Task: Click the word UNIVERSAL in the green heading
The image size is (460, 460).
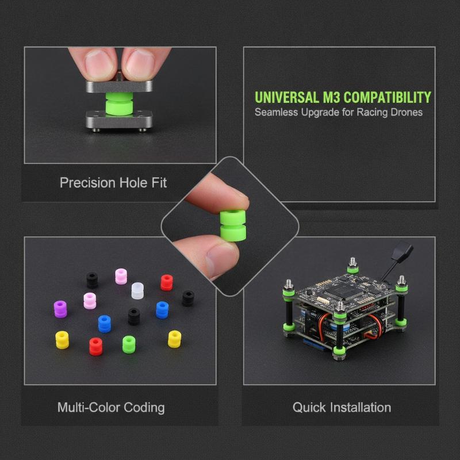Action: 286,97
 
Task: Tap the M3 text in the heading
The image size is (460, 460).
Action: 331,97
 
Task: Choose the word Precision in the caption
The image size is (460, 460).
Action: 87,183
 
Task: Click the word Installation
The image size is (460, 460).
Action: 361,408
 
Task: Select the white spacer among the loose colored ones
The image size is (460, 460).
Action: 137,291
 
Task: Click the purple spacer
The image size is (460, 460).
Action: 60,309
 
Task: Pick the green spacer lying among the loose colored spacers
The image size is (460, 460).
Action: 129,344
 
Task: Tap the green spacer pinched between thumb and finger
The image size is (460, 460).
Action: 233,225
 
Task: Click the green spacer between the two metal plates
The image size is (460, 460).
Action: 119,104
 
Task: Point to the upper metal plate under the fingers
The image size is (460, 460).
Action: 119,86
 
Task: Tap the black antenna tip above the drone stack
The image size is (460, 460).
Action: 402,250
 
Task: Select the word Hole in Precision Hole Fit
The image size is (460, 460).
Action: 133,183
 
